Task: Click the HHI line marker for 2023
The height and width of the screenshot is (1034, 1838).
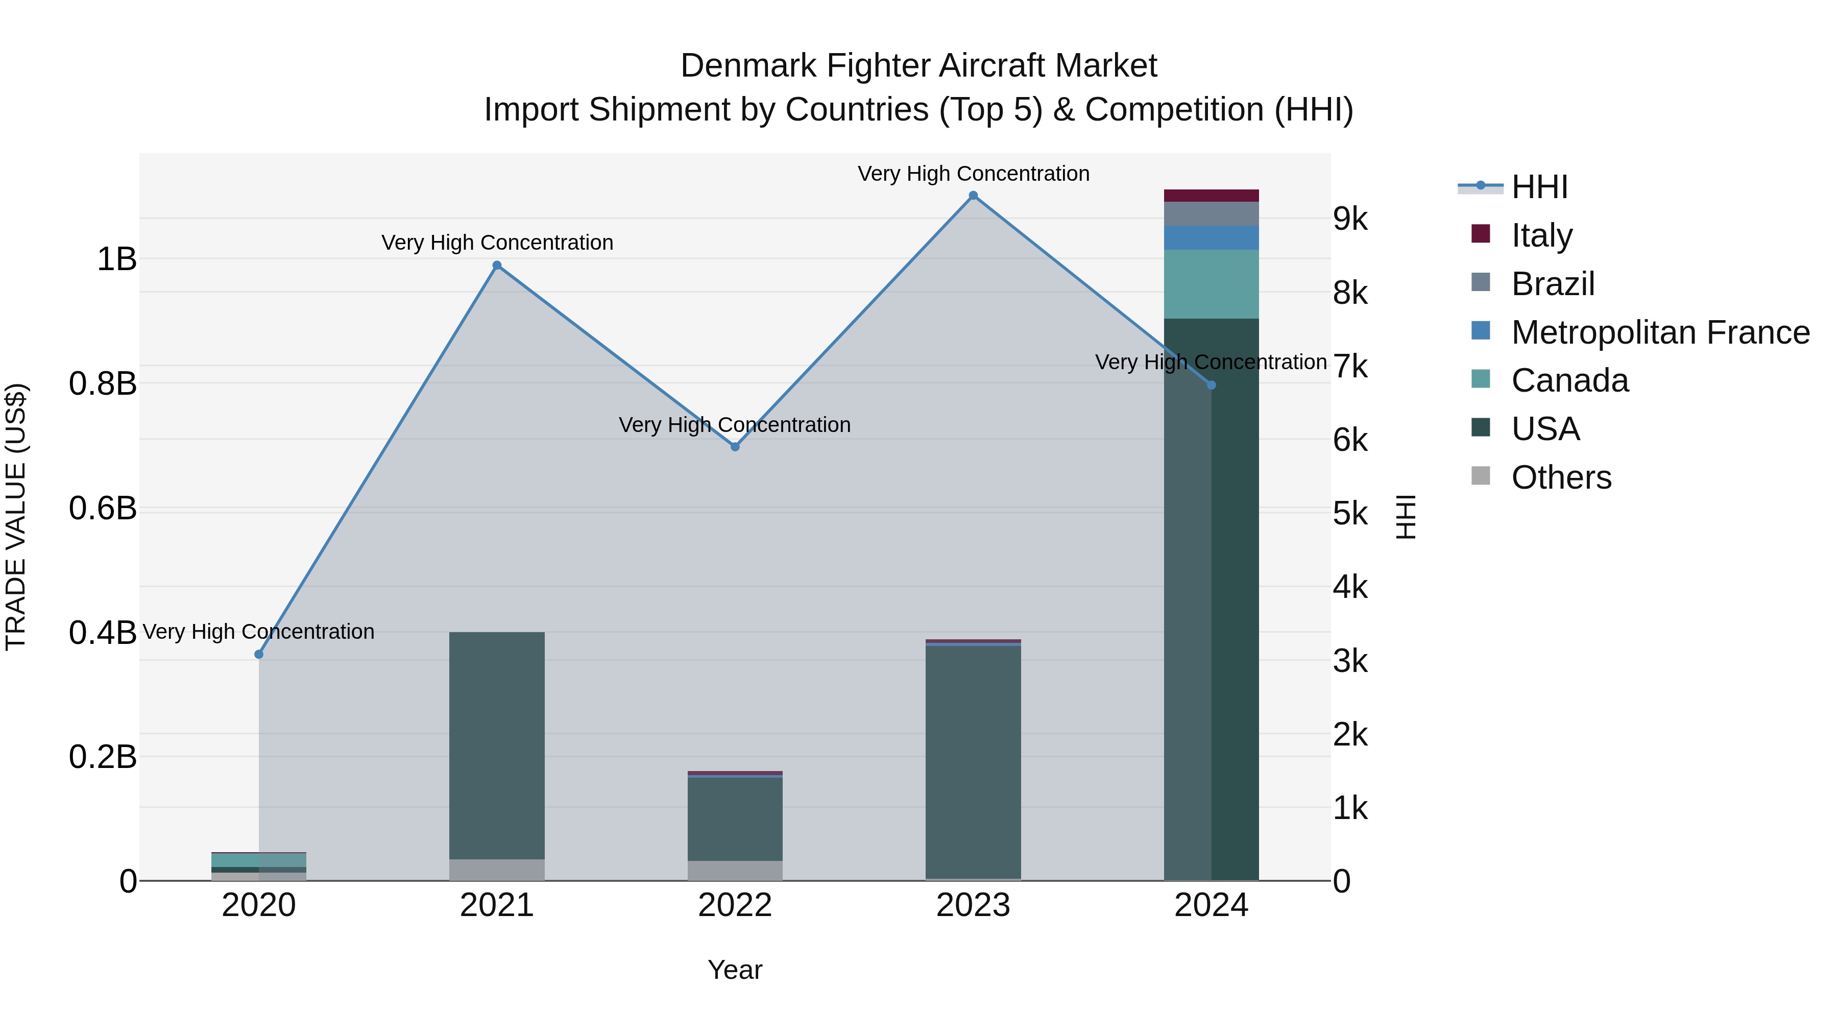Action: pos(973,196)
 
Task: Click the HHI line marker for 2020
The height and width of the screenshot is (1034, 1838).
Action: pos(259,655)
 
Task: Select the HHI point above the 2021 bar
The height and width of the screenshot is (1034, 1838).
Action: pos(497,266)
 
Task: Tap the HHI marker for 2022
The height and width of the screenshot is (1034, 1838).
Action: pos(735,447)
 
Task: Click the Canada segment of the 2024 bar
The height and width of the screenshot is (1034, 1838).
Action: pos(1212,284)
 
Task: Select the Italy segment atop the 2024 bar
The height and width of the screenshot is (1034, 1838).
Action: pos(1212,196)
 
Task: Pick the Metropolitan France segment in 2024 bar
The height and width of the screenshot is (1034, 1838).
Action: pos(1212,237)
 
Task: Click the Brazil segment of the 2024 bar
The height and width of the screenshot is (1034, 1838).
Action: pos(1212,213)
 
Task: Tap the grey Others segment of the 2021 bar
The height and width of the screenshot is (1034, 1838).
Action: pos(497,870)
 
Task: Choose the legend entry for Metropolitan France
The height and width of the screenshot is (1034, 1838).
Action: pos(1660,332)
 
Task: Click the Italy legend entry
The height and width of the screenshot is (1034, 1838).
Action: pos(1541,235)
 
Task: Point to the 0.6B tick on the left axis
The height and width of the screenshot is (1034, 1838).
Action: pos(103,509)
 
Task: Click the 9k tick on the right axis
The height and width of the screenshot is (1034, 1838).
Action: pos(1350,219)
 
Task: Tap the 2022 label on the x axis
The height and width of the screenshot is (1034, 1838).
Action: pos(735,905)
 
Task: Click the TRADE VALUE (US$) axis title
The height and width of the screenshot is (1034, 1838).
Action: pos(16,517)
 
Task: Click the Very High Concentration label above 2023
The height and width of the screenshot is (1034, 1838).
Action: pos(973,174)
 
